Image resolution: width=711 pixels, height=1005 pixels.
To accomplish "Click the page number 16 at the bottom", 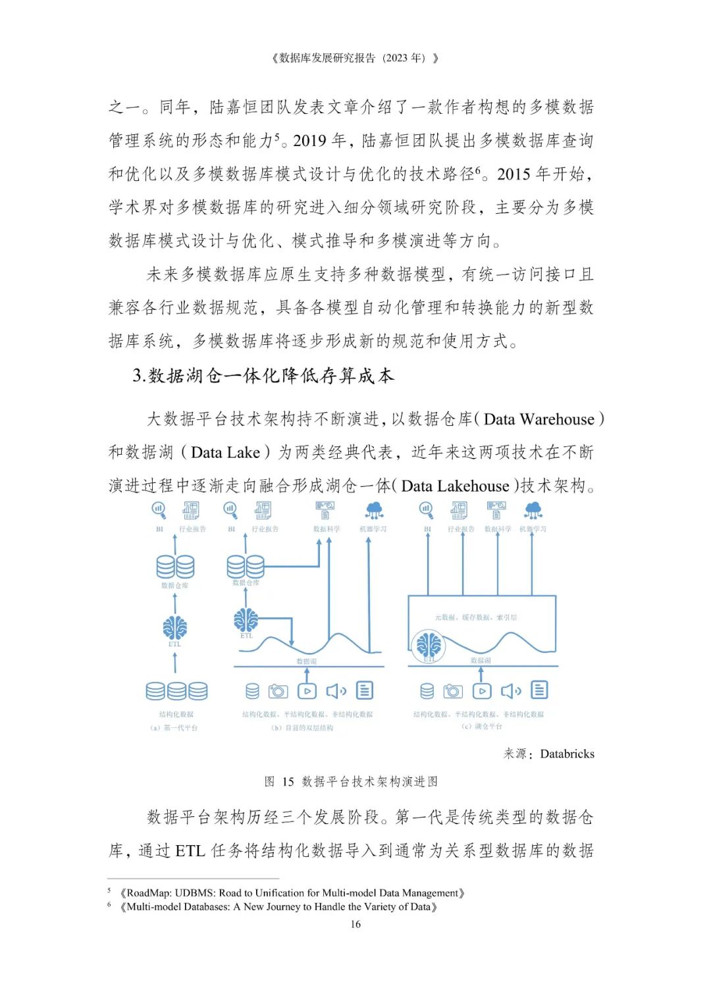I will [x=355, y=924].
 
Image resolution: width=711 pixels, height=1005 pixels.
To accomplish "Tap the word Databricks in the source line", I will [x=567, y=754].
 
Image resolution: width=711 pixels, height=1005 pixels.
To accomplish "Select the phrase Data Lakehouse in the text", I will [x=455, y=486].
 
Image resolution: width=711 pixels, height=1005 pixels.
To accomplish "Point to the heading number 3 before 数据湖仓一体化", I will [x=138, y=376].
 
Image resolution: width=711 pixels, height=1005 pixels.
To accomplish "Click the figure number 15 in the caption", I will [x=288, y=781].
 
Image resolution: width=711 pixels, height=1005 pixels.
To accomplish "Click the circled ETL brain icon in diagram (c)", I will [x=429, y=646].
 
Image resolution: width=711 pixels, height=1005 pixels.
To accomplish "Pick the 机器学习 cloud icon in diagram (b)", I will [x=374, y=510].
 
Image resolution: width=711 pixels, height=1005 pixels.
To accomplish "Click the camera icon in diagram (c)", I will [x=453, y=690].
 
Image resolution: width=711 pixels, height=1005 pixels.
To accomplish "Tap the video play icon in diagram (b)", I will [x=307, y=690].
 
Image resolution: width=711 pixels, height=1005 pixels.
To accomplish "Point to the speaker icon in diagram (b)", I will [x=336, y=690].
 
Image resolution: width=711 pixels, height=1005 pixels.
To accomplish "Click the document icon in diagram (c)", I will [x=539, y=690].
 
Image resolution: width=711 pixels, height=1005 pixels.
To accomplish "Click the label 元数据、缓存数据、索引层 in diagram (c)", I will [x=475, y=617].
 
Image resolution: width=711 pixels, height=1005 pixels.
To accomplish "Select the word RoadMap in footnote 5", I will [x=148, y=893].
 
